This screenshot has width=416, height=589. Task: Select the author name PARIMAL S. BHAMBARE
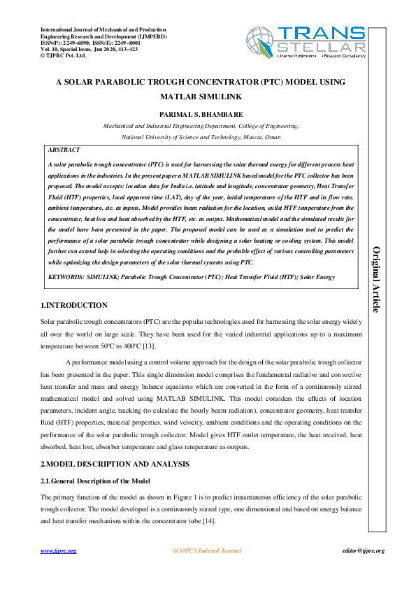pyautogui.click(x=201, y=114)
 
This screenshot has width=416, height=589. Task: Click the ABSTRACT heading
pyautogui.click(x=64, y=150)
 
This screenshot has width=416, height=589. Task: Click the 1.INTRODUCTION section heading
pyautogui.click(x=73, y=306)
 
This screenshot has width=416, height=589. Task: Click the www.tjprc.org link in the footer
pyautogui.click(x=59, y=551)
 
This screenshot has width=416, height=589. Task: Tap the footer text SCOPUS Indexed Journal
pyautogui.click(x=207, y=551)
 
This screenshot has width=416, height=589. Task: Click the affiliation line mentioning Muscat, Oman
pyautogui.click(x=201, y=138)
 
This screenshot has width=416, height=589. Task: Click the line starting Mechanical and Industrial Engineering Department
pyautogui.click(x=201, y=127)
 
